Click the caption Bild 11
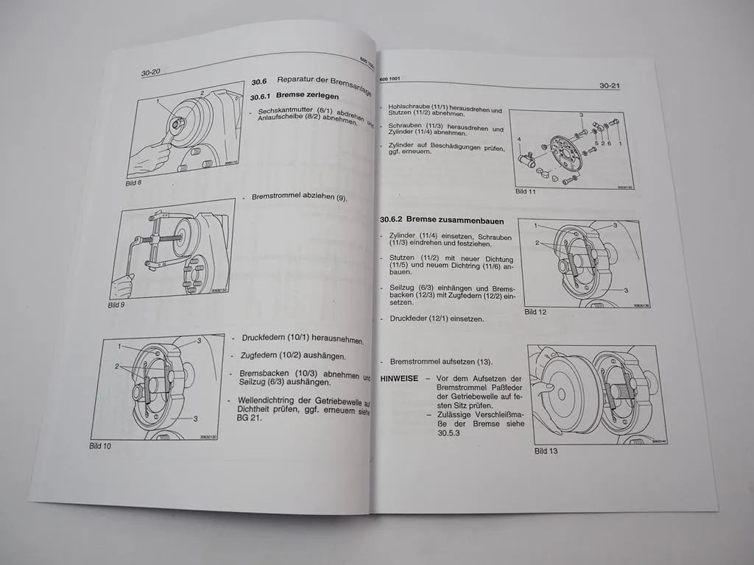pos(525,191)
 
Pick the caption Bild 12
pos(536,312)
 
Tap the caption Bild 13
pos(546,451)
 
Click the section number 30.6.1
pos(261,97)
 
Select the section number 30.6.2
pos(393,219)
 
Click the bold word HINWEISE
pos(398,378)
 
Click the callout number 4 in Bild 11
pos(518,138)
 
